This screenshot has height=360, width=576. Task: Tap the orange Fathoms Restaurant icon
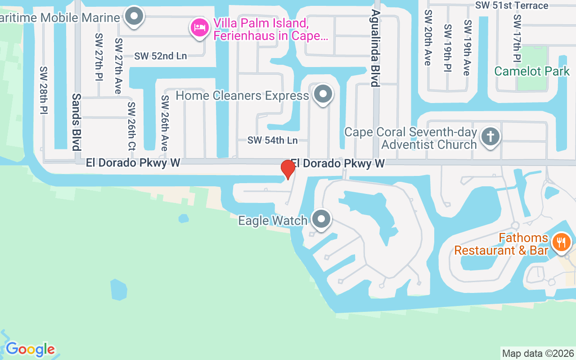561,243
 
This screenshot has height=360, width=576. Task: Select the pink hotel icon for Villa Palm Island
199,28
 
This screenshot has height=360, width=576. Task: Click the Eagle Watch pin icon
321,220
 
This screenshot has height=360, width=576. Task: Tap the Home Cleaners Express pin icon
323,94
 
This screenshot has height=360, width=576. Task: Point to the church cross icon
490,136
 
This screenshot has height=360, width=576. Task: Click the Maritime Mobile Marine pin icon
134,17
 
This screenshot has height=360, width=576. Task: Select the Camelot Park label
531,71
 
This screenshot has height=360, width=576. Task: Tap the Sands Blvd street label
76,121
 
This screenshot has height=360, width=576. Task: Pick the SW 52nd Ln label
160,56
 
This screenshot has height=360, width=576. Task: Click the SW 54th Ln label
272,140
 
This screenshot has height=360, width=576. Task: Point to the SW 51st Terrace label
512,5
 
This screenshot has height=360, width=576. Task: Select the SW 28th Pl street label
44,90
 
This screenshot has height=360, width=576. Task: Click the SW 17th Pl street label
517,38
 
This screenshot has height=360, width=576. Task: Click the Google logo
30,349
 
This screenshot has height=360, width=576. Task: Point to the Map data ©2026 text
538,353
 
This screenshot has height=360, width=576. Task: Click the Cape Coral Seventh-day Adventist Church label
410,138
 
